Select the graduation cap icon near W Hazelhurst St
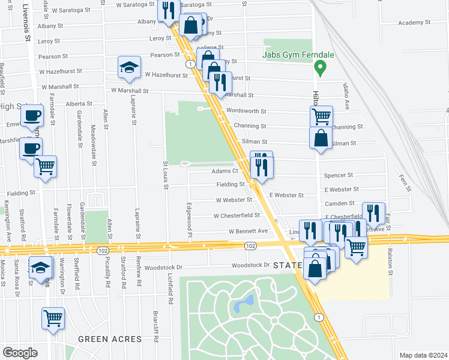coord(129,69)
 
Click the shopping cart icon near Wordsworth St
coord(321,116)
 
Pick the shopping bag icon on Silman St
coord(321,137)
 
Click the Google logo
coord(20,353)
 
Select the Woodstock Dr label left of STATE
coord(249,265)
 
